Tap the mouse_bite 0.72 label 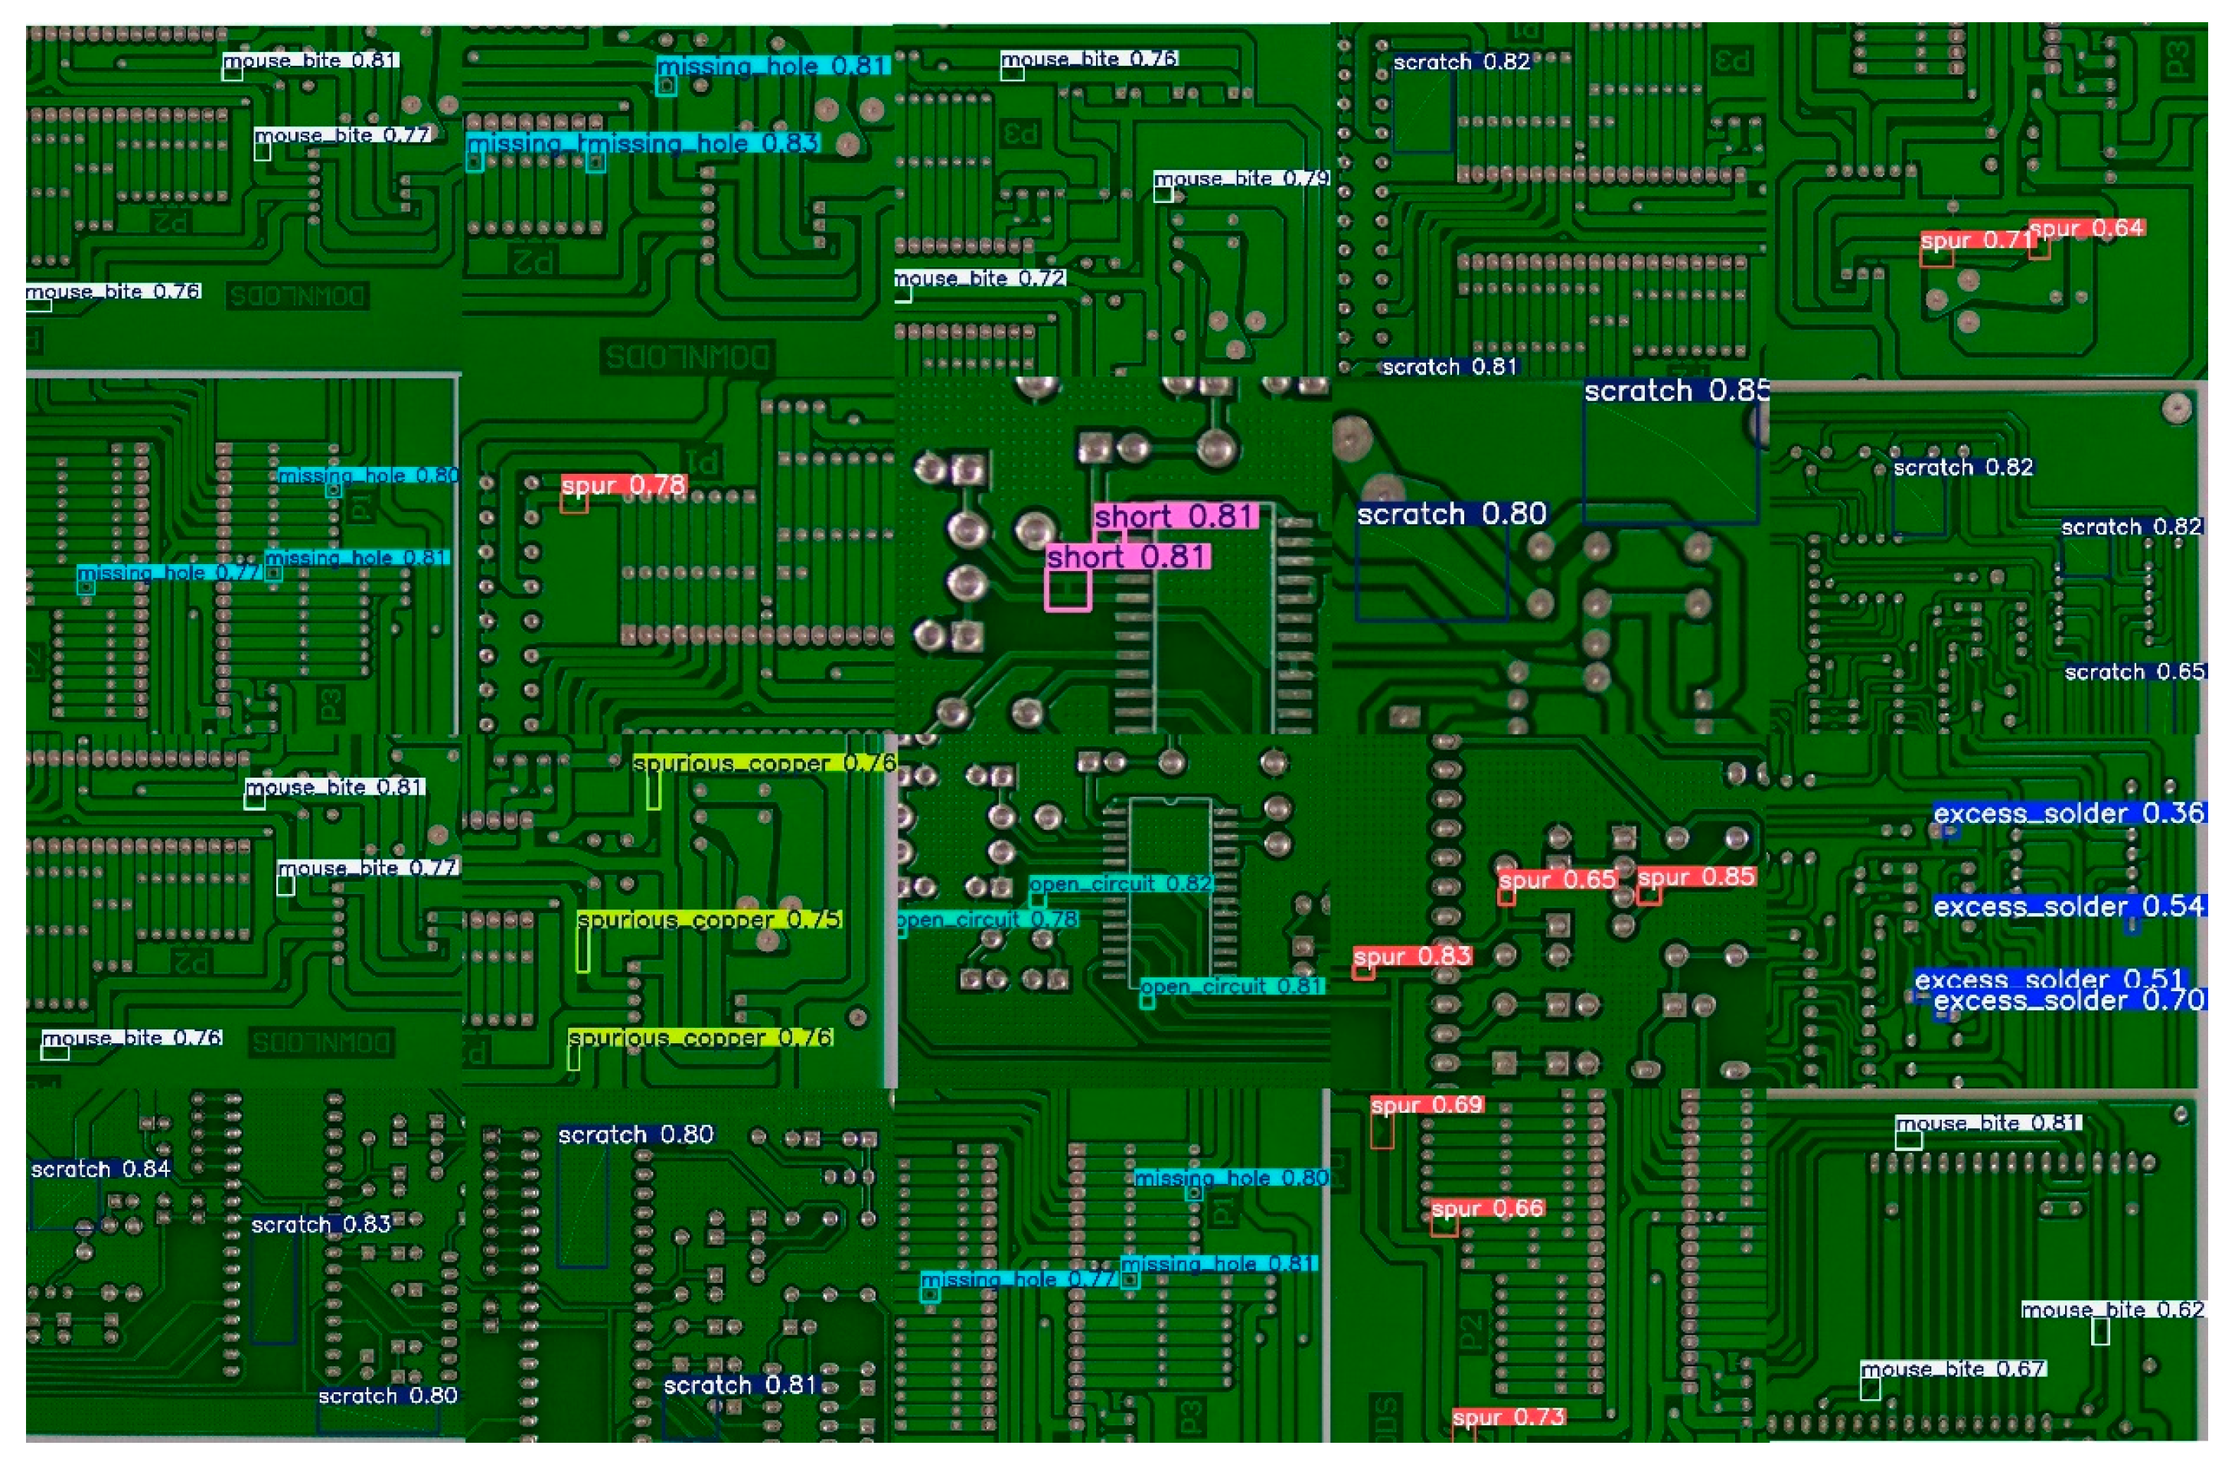pyautogui.click(x=979, y=278)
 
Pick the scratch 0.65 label pyautogui.click(x=2133, y=672)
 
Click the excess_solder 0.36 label pyautogui.click(x=2068, y=813)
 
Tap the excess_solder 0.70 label pyautogui.click(x=2068, y=1000)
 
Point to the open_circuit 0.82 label pyautogui.click(x=1120, y=883)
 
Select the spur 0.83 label pyautogui.click(x=1411, y=956)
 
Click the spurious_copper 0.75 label pyautogui.click(x=709, y=919)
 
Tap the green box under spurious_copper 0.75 pyautogui.click(x=583, y=950)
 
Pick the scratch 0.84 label pyautogui.click(x=100, y=1169)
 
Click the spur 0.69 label pyautogui.click(x=1427, y=1104)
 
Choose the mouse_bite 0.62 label pyautogui.click(x=2112, y=1310)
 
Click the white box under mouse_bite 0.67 pyautogui.click(x=1870, y=1389)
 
